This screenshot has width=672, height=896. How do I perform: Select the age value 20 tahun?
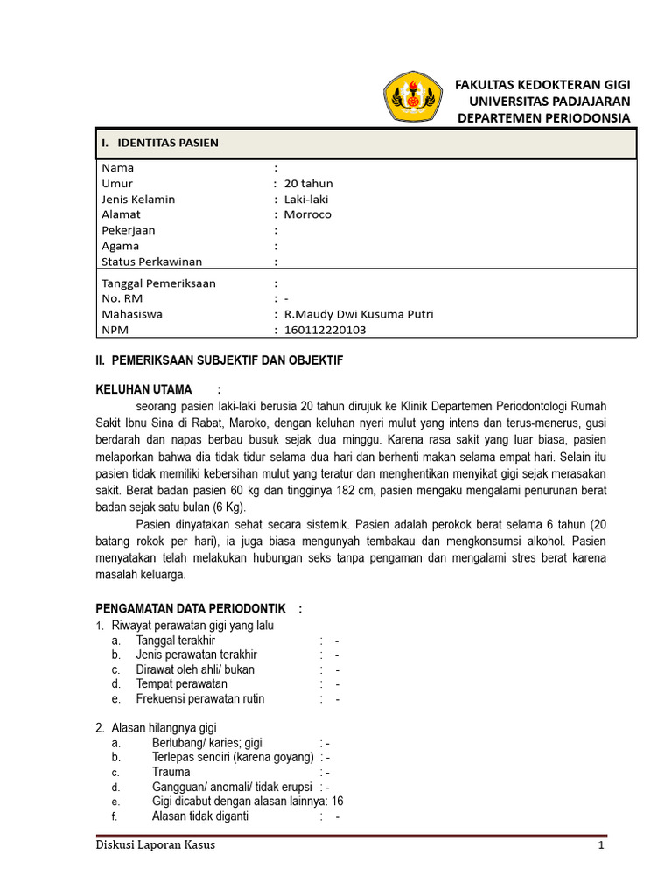click(303, 184)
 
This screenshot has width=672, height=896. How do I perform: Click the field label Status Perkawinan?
click(152, 262)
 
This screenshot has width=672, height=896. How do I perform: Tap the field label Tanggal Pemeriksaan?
click(158, 283)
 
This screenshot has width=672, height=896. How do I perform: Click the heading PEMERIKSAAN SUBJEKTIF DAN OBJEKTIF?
click(219, 360)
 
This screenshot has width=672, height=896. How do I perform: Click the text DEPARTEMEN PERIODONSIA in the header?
click(544, 117)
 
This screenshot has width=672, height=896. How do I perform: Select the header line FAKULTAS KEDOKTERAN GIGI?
click(542, 84)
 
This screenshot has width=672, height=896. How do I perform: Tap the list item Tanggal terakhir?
click(175, 640)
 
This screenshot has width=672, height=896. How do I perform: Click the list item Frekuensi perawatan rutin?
click(199, 699)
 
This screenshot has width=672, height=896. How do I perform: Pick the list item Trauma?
click(171, 773)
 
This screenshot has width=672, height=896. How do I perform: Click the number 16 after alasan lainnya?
click(338, 801)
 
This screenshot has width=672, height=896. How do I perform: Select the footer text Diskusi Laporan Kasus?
click(154, 846)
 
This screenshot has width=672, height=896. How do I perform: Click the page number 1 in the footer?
click(601, 846)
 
